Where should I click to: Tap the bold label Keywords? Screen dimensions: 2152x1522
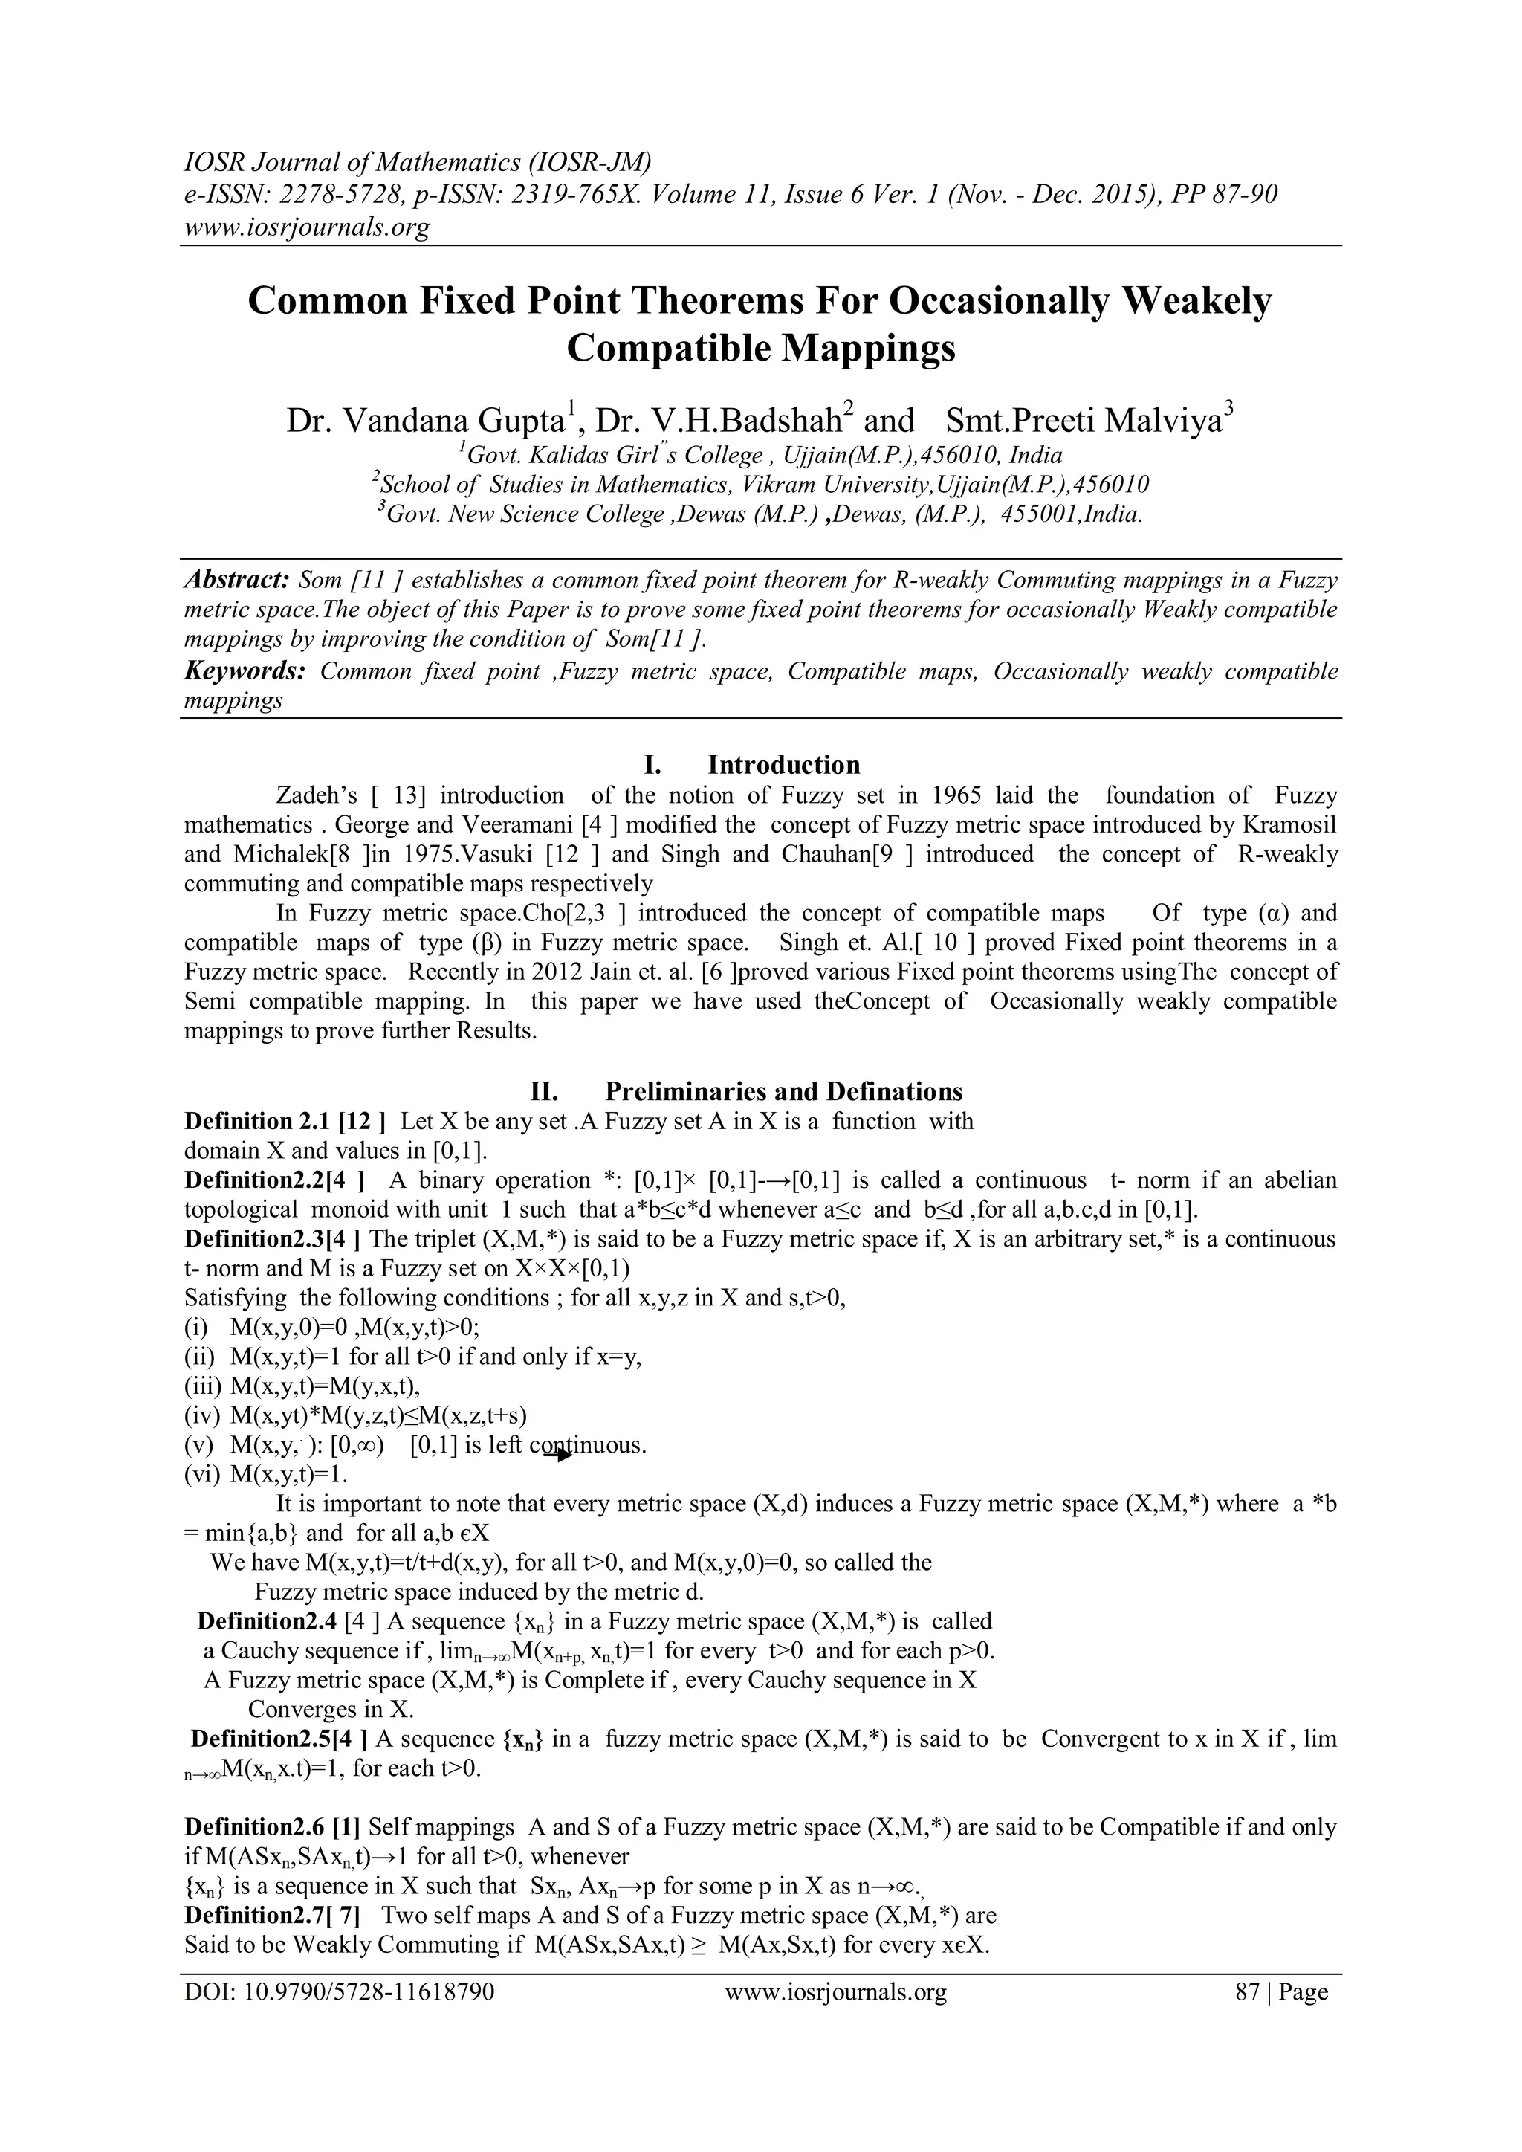[x=245, y=671]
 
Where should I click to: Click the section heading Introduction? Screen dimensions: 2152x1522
[x=783, y=765]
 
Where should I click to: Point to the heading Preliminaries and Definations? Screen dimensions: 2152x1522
[x=783, y=1091]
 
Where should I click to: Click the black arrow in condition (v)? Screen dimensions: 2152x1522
[x=559, y=1455]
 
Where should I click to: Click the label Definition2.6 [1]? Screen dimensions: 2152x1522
[x=273, y=1826]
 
